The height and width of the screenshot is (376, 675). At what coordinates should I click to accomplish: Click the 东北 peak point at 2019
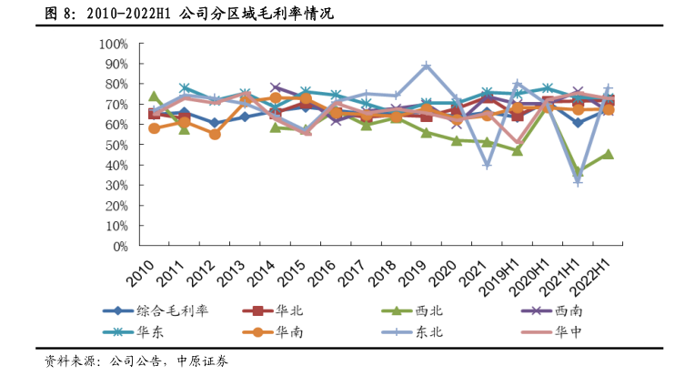click(427, 66)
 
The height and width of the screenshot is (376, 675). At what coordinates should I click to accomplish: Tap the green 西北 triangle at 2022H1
click(609, 154)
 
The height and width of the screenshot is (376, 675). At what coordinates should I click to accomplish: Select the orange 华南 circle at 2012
click(215, 134)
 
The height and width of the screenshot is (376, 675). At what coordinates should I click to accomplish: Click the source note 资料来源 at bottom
click(136, 361)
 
